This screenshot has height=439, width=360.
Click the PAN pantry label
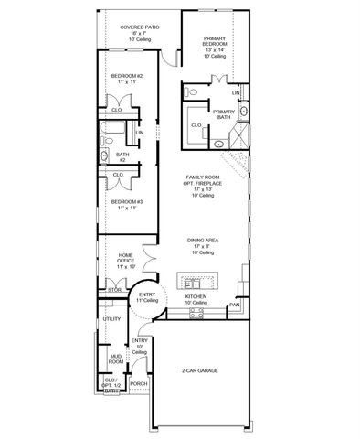[234, 304]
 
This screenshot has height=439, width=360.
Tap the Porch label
[138, 383]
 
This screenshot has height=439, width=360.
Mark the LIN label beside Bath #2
[139, 134]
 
